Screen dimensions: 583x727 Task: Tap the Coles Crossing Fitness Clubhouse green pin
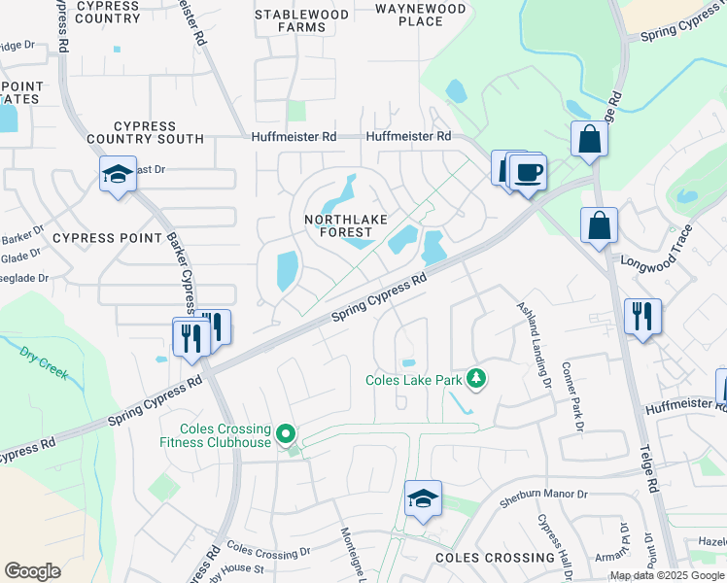coord(286,434)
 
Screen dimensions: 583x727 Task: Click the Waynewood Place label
coord(421,15)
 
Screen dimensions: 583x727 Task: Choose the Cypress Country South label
coord(158,132)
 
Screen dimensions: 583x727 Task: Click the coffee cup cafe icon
coord(528,173)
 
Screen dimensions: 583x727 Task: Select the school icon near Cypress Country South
coord(118,175)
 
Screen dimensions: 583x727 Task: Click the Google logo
coord(32,571)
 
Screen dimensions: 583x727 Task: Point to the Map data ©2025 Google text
coord(667,575)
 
